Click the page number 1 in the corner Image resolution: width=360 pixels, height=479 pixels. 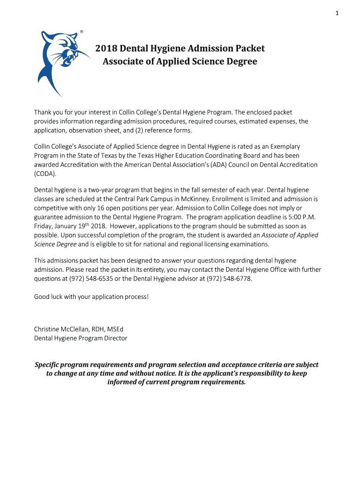(x=336, y=13)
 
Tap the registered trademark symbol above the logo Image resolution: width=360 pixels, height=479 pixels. (x=82, y=31)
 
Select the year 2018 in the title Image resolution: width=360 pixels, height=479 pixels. (x=106, y=49)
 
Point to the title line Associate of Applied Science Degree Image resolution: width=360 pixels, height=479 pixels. (x=180, y=62)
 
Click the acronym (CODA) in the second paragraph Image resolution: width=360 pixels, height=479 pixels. (x=45, y=173)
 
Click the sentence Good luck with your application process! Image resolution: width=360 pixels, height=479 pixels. (x=92, y=297)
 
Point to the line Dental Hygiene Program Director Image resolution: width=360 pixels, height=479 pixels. (x=80, y=338)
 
